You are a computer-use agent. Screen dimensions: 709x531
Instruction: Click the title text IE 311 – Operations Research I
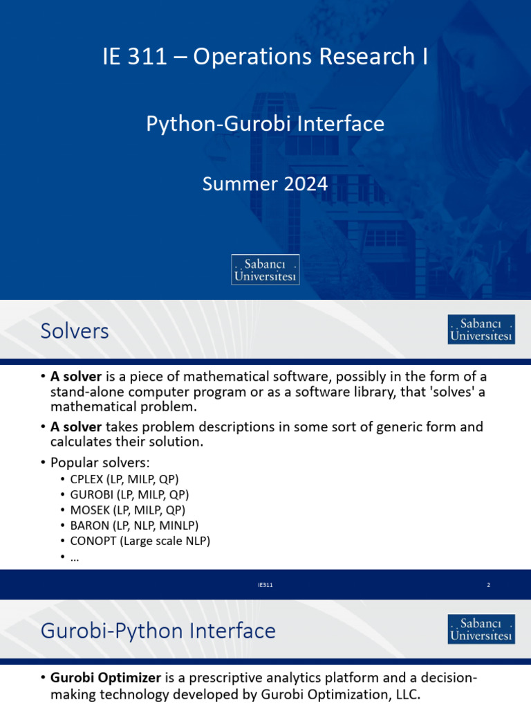pyautogui.click(x=265, y=57)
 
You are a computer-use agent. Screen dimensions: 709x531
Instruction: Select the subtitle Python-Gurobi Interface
pyautogui.click(x=265, y=124)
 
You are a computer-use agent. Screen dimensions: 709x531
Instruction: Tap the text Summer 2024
pyautogui.click(x=265, y=183)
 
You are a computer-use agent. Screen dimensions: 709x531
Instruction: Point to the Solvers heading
pyautogui.click(x=75, y=331)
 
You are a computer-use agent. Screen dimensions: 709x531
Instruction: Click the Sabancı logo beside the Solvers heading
pyautogui.click(x=481, y=330)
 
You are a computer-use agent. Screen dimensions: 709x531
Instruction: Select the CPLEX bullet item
pyautogui.click(x=124, y=479)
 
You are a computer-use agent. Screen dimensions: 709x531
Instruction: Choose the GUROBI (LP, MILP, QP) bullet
pyautogui.click(x=129, y=494)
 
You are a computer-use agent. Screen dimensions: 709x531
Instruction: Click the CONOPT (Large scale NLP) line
pyautogui.click(x=140, y=541)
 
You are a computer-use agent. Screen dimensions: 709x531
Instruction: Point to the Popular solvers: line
pyautogui.click(x=100, y=462)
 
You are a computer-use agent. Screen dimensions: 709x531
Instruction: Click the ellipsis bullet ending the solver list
pyautogui.click(x=75, y=557)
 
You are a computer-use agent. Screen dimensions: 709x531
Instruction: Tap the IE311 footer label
pyautogui.click(x=265, y=585)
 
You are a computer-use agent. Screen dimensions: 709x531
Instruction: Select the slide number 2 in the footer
pyautogui.click(x=488, y=585)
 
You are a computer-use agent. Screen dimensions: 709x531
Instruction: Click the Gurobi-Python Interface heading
pyautogui.click(x=158, y=631)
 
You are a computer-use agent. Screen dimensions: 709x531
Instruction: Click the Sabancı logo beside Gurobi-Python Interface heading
pyautogui.click(x=481, y=629)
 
